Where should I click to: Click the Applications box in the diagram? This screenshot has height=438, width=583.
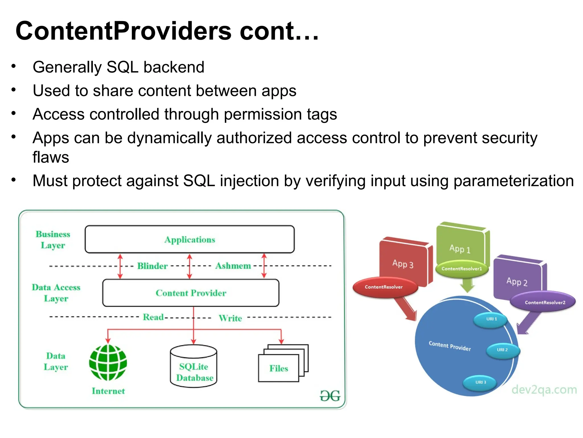pyautogui.click(x=190, y=239)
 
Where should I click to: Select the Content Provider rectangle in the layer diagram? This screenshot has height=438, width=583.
pyautogui.click(x=191, y=293)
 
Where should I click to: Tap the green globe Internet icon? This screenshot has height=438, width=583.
pyautogui.click(x=108, y=363)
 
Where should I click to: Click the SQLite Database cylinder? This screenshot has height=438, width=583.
pyautogui.click(x=194, y=366)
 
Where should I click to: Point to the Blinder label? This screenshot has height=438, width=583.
pyautogui.click(x=152, y=266)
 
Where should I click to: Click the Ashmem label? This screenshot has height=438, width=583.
pyautogui.click(x=233, y=266)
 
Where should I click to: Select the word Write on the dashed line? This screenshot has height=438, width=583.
pyautogui.click(x=230, y=318)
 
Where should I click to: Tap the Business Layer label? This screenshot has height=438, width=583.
pyautogui.click(x=53, y=240)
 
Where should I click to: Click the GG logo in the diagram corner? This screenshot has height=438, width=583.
pyautogui.click(x=330, y=396)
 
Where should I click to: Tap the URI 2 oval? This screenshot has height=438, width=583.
pyautogui.click(x=502, y=350)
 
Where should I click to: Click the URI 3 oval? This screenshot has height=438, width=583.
pyautogui.click(x=481, y=382)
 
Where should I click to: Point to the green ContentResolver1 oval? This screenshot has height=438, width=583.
pyautogui.click(x=461, y=269)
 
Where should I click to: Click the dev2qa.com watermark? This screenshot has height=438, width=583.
pyautogui.click(x=544, y=390)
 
